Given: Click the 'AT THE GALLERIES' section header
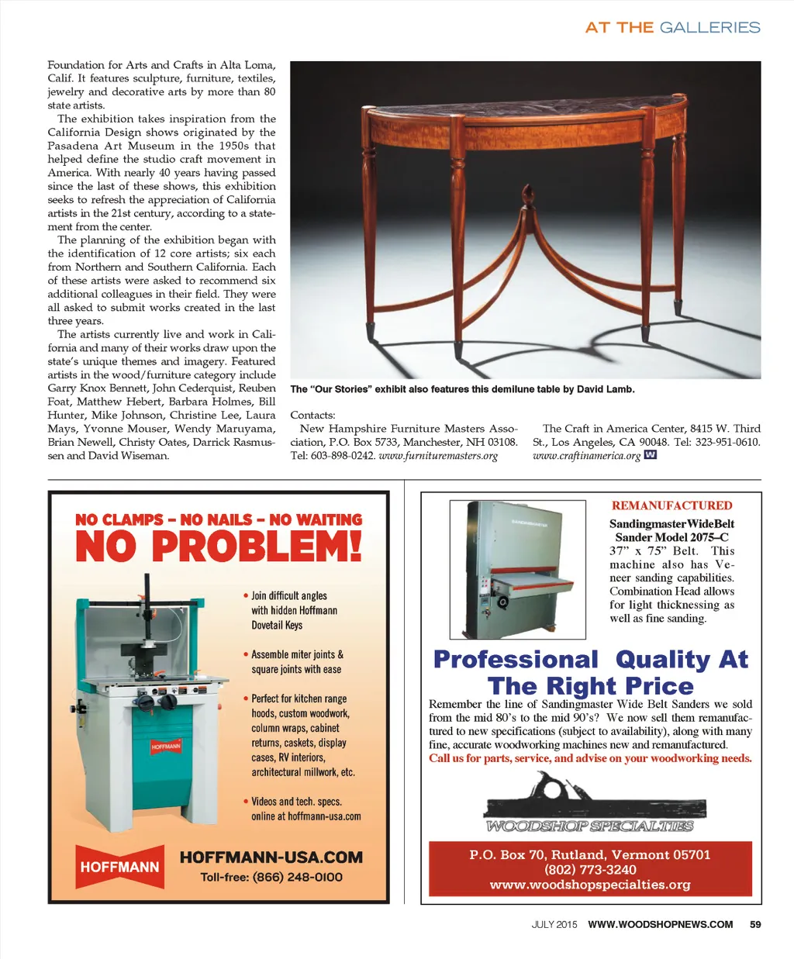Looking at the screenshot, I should (x=672, y=27).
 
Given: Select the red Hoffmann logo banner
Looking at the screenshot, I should (x=119, y=867).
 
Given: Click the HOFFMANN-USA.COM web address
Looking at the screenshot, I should (x=271, y=857).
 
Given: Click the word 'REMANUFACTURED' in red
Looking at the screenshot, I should (x=671, y=505).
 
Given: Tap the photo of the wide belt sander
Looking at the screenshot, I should (x=517, y=569).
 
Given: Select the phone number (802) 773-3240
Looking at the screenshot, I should (x=590, y=870).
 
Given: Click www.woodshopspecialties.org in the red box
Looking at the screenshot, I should (x=590, y=885).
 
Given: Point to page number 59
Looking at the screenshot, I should (x=755, y=924).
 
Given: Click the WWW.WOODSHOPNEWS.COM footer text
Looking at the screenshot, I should (x=660, y=924).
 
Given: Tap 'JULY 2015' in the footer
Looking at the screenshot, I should (x=554, y=924).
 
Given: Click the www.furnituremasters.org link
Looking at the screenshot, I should (x=438, y=456).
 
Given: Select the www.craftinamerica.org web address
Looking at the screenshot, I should (x=586, y=456).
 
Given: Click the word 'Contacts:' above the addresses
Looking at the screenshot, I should (x=312, y=416).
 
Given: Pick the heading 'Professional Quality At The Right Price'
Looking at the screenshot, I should (x=591, y=672).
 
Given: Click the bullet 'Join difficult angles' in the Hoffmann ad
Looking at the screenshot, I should (x=288, y=595).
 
